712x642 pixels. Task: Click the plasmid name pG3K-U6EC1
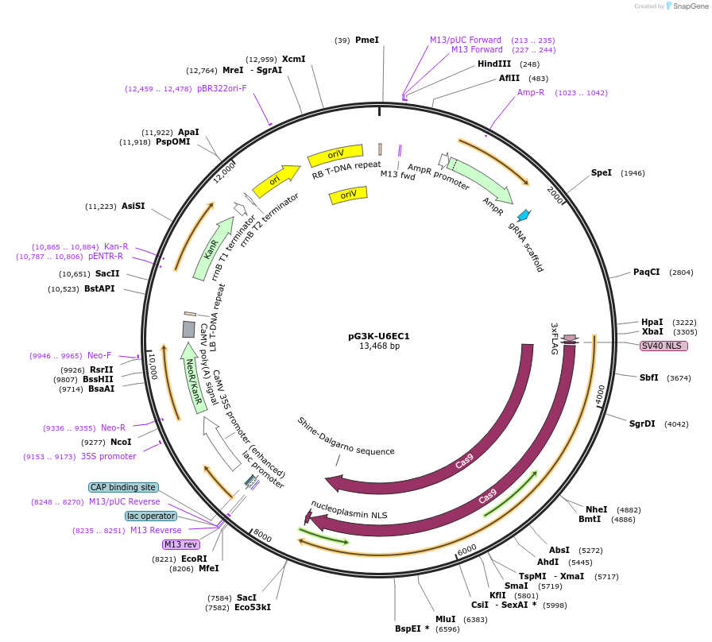[378, 336]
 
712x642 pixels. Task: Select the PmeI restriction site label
[367, 40]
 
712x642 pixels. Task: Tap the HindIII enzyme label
[494, 64]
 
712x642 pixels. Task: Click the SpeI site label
[602, 172]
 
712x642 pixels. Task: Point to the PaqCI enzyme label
[647, 272]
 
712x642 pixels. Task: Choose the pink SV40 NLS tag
[664, 346]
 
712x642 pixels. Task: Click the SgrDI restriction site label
[642, 423]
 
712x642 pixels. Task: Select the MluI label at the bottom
[446, 619]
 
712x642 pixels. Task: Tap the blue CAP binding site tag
[123, 487]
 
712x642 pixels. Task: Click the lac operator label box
[151, 516]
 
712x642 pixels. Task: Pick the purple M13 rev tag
[181, 544]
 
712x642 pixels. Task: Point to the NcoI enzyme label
[121, 442]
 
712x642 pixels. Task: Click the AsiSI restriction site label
[133, 206]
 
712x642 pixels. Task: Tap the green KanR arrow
[209, 248]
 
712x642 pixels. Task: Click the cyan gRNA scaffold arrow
[524, 215]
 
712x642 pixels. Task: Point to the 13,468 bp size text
[379, 346]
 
